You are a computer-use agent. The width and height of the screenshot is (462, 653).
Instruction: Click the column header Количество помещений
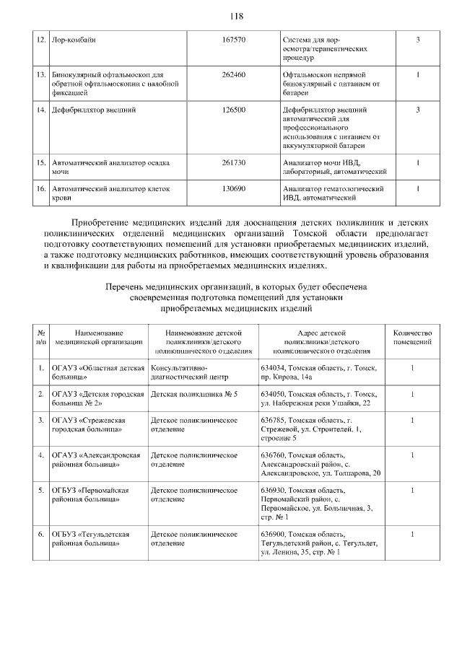412,337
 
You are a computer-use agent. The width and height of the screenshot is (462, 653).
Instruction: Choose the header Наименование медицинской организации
99,337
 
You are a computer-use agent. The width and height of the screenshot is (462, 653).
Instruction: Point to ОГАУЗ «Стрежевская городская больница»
90,424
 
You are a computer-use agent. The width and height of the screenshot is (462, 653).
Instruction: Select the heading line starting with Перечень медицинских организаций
236,286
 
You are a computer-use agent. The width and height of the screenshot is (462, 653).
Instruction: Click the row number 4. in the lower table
42,455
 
